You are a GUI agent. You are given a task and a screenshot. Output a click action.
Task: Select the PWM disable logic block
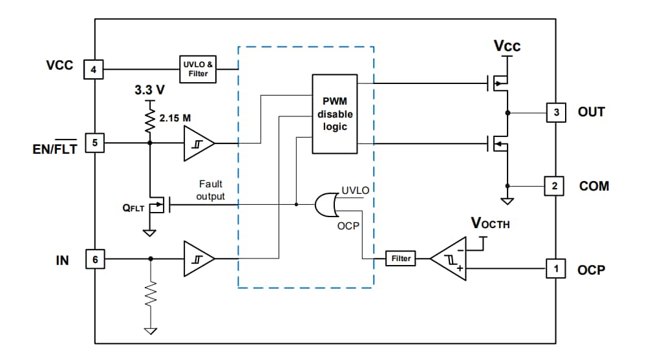pos(334,114)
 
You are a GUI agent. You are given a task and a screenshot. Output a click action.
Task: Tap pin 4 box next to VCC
pos(94,69)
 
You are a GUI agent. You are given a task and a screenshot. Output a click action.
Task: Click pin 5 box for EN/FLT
pos(94,143)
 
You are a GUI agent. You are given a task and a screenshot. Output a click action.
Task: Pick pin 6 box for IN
pos(94,259)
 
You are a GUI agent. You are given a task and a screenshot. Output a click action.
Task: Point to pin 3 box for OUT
pos(555,112)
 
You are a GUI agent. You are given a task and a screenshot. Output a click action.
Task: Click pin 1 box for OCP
pos(555,268)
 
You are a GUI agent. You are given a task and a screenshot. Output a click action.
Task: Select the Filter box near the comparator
pos(401,259)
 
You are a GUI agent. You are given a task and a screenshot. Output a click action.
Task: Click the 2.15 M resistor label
pos(175,118)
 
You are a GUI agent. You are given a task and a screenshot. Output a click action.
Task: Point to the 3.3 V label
pos(149,90)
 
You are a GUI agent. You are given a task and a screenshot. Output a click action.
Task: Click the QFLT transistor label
pos(133,208)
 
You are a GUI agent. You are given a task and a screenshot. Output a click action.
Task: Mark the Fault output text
pos(211,190)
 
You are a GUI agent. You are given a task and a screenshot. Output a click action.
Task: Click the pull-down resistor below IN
pos(151,295)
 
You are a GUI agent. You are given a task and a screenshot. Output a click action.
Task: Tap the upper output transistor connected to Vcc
pos(500,83)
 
